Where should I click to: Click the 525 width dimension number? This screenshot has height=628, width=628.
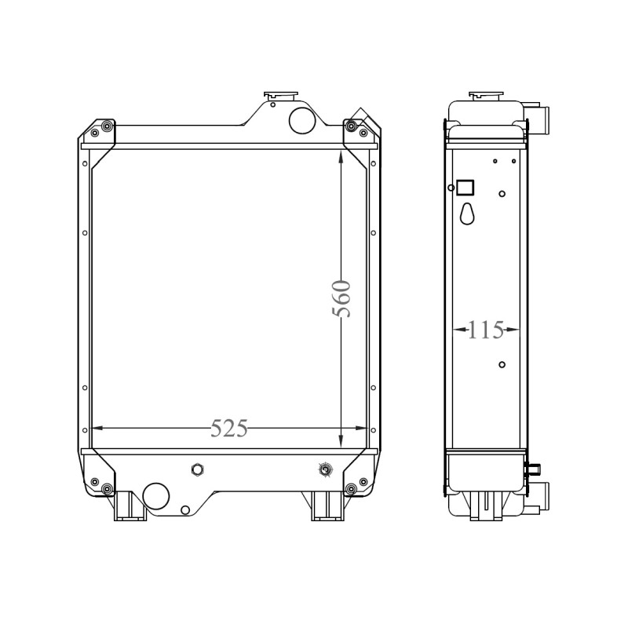[x=229, y=428]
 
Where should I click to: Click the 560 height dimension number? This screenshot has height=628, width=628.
[x=341, y=299]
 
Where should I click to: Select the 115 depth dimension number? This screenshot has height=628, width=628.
[x=485, y=330]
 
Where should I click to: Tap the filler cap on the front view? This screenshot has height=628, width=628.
[x=281, y=95]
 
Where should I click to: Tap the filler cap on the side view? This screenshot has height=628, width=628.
[x=486, y=95]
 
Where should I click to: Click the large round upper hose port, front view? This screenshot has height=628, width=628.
[x=302, y=120]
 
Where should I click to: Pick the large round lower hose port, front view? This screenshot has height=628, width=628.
[x=155, y=496]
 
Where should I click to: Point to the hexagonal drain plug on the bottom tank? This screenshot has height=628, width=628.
[x=198, y=469]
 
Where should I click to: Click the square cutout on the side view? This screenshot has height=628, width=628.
[x=466, y=188]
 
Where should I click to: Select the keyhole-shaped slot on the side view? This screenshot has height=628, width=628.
[x=467, y=214]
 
